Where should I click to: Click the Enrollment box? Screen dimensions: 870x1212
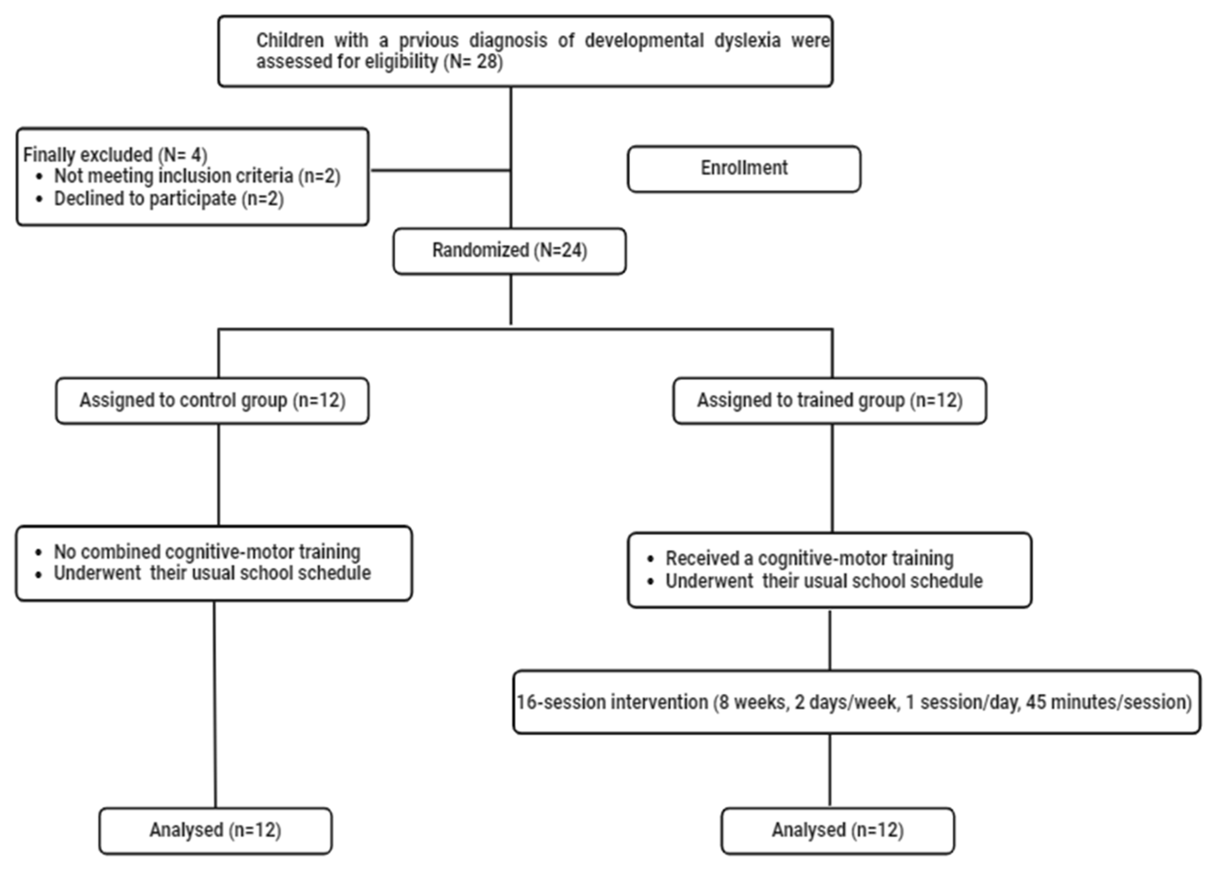[744, 168]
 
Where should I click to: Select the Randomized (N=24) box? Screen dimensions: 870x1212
[509, 251]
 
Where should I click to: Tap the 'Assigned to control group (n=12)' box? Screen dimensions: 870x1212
[212, 401]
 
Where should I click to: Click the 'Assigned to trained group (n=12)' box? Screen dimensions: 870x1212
[829, 401]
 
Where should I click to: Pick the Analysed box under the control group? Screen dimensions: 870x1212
[215, 830]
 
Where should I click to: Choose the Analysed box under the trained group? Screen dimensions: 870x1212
[837, 830]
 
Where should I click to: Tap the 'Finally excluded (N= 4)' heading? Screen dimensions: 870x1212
[115, 155]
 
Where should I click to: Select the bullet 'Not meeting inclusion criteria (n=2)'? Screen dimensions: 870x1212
[197, 176]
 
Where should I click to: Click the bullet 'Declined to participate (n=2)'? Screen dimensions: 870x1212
[168, 199]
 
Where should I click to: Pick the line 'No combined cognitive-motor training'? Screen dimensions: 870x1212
[207, 552]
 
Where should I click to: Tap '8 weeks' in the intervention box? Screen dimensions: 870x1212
[754, 702]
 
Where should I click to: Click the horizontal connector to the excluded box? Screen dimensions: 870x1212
[440, 171]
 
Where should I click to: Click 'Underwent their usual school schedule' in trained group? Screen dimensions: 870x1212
[824, 581]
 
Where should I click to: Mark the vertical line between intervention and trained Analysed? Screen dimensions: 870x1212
[829, 770]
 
